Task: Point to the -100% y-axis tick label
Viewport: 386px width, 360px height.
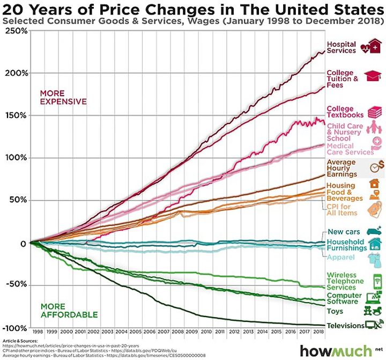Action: [14, 328]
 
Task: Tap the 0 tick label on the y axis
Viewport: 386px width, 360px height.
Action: [23, 243]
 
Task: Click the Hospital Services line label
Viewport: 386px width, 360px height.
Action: [341, 47]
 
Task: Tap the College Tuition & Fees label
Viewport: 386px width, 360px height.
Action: [343, 79]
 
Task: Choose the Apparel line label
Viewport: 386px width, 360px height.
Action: [340, 258]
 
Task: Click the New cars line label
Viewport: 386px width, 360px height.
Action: [344, 232]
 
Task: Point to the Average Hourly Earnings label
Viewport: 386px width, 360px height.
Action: [342, 168]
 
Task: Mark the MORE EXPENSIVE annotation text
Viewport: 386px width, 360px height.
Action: [63, 97]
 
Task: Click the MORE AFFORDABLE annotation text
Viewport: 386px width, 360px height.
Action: [69, 310]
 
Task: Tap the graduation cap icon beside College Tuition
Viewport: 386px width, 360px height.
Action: [371, 77]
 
